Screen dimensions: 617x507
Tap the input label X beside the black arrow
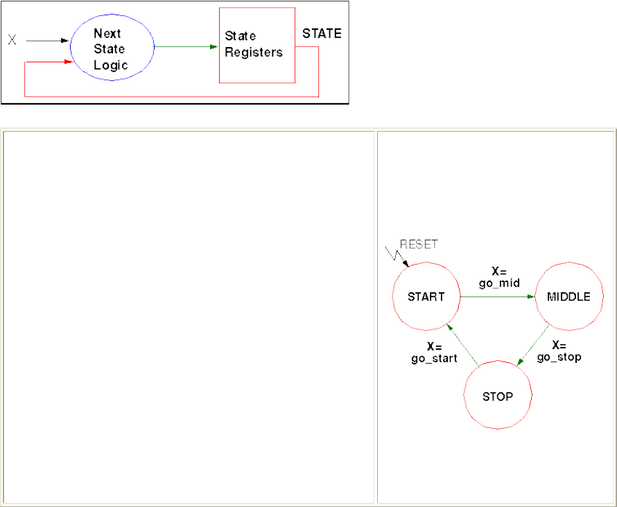coord(12,41)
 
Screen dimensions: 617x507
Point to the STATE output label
coord(322,33)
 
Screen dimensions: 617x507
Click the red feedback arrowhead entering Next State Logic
coord(68,62)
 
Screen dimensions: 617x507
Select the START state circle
coord(426,296)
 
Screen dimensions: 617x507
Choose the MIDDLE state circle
coord(568,296)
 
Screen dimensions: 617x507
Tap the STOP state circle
coord(497,397)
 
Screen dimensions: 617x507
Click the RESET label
coord(419,244)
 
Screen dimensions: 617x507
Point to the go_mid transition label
coord(499,283)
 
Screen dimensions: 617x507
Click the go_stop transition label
coord(559,357)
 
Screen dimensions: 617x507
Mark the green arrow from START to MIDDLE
coord(498,296)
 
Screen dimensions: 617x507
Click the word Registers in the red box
coord(254,53)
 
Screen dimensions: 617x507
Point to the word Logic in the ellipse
coord(112,65)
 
